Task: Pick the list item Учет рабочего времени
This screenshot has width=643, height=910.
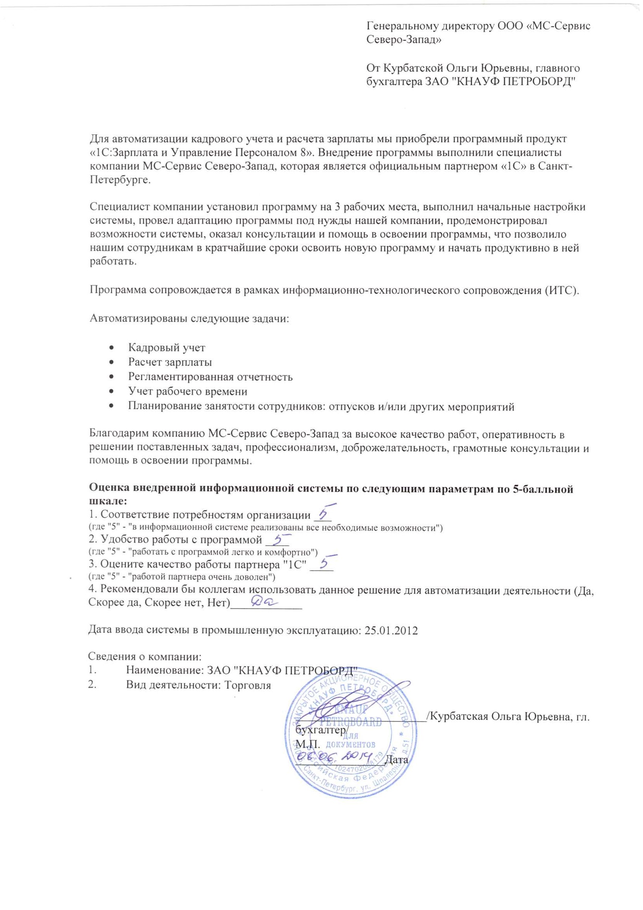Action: pyautogui.click(x=187, y=392)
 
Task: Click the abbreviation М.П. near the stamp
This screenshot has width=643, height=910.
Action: pyautogui.click(x=308, y=744)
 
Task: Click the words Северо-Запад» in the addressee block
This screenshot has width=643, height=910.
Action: pyautogui.click(x=404, y=40)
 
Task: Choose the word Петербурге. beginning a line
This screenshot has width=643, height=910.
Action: pyautogui.click(x=120, y=180)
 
